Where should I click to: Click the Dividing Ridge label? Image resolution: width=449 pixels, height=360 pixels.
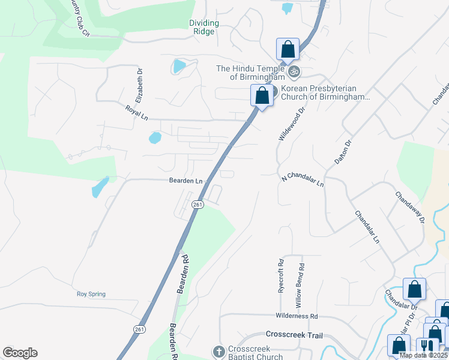pyautogui.click(x=205, y=27)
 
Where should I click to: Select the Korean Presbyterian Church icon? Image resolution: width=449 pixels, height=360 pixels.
pyautogui.click(x=274, y=92)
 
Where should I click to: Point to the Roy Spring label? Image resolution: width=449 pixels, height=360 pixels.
pyautogui.click(x=91, y=294)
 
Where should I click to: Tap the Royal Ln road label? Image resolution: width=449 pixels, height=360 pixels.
pyautogui.click(x=136, y=112)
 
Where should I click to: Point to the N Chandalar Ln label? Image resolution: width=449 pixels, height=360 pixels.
pyautogui.click(x=303, y=179)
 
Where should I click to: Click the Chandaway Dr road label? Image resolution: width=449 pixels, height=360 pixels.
pyautogui.click(x=410, y=207)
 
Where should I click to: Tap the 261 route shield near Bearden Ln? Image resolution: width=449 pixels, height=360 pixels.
pyautogui.click(x=197, y=205)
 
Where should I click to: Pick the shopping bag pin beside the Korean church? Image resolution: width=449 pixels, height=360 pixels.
pyautogui.click(x=262, y=95)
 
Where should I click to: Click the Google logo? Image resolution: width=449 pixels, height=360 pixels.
pyautogui.click(x=20, y=353)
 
